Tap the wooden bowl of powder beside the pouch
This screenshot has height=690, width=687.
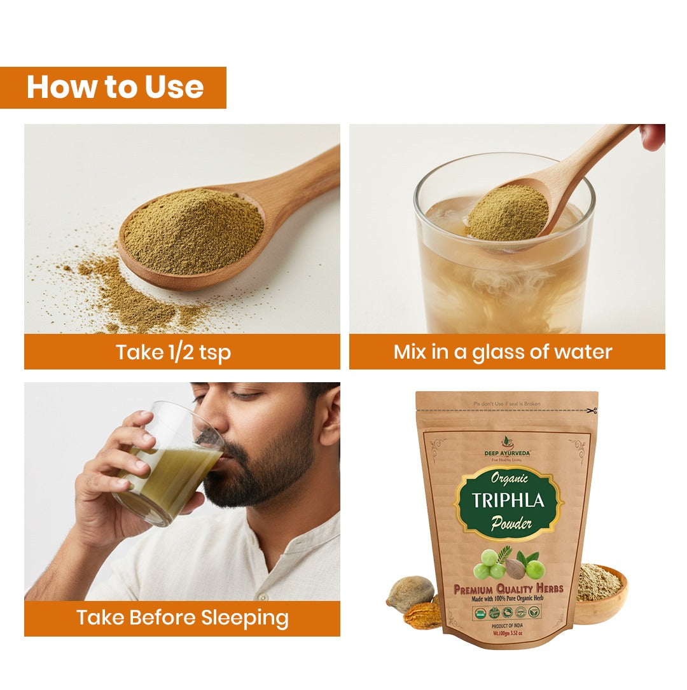point(600,595)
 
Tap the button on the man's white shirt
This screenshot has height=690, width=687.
point(260,596)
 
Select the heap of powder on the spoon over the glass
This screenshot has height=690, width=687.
point(507,212)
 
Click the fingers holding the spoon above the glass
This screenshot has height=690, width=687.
point(653,136)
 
